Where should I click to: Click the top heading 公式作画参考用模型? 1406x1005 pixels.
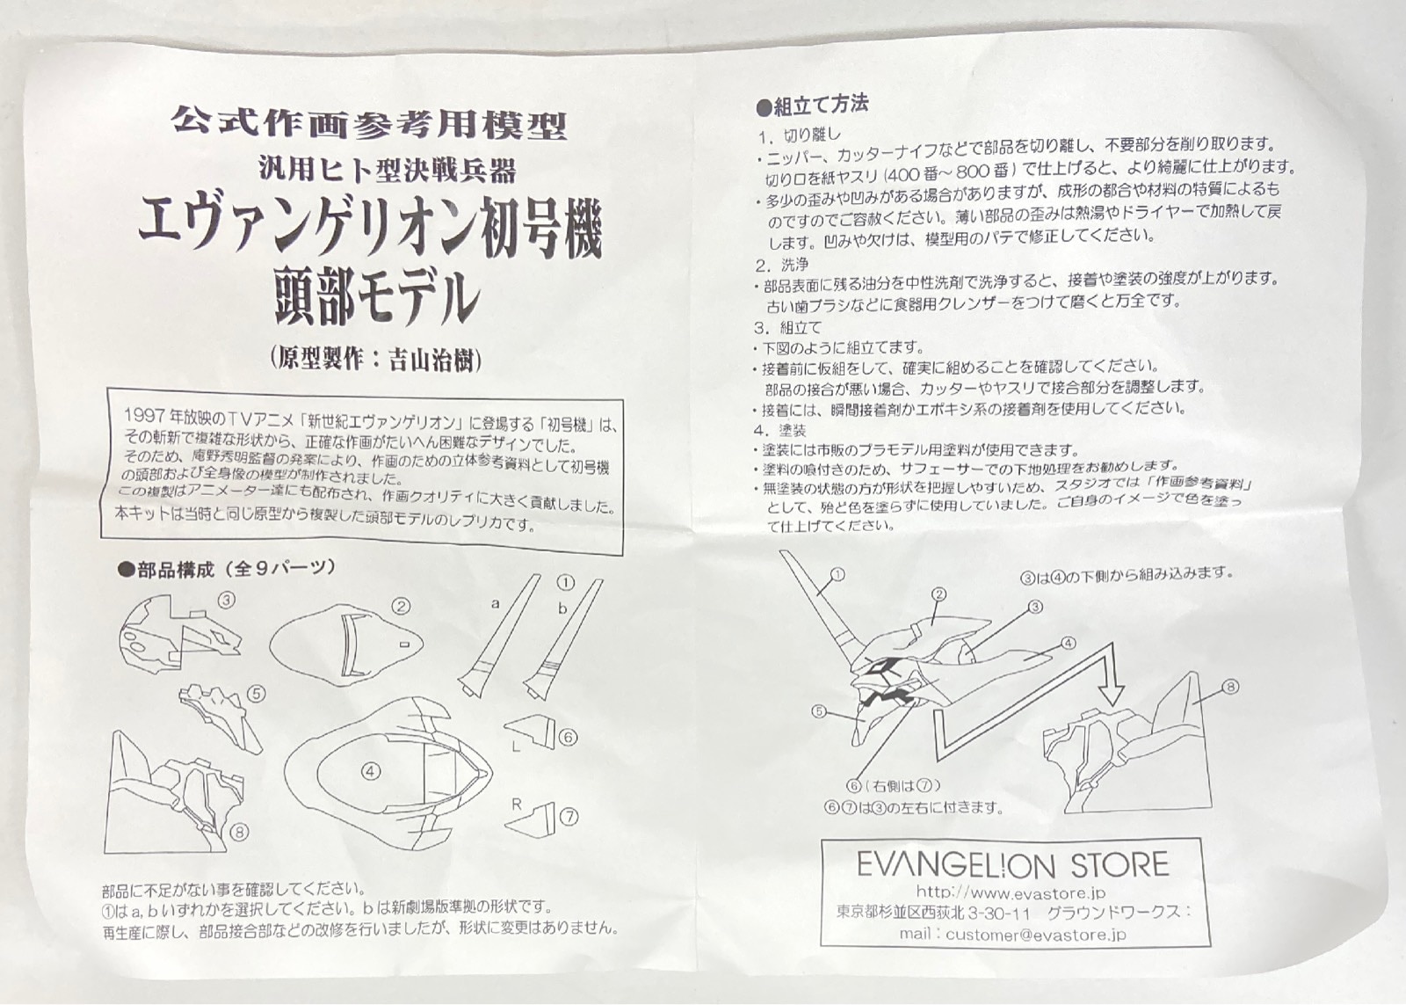(x=370, y=124)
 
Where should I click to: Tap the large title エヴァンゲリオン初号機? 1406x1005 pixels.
(x=370, y=234)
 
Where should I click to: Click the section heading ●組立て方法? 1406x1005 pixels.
(x=812, y=106)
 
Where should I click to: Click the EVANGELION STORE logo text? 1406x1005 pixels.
(x=1012, y=865)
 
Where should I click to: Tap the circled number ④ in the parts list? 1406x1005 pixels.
(x=371, y=771)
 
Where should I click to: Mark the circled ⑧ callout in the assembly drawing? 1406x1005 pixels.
(x=1231, y=687)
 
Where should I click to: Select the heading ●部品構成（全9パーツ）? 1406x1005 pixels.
(x=226, y=569)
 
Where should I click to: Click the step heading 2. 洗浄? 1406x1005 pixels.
(x=781, y=265)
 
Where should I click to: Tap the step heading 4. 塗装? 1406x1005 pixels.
(x=779, y=430)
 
